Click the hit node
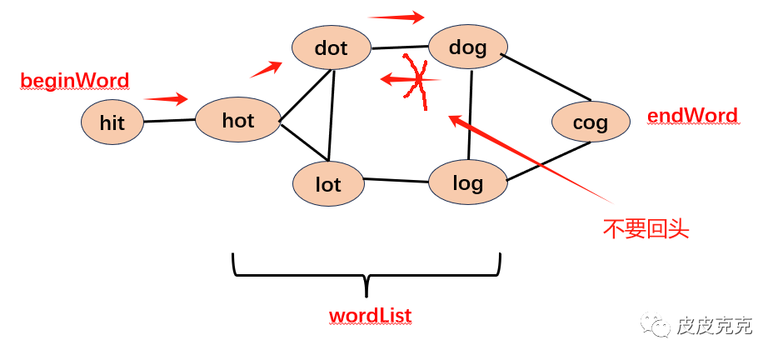point(112,122)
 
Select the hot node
point(237,120)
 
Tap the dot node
point(331,47)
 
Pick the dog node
point(467,47)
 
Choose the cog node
point(591,122)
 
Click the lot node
point(328,183)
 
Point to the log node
point(467,182)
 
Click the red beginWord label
point(75,81)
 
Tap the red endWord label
point(692,116)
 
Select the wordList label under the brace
point(370,316)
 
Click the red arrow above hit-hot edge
point(166,99)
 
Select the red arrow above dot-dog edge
point(396,16)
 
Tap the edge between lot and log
point(396,180)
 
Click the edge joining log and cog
point(548,162)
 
